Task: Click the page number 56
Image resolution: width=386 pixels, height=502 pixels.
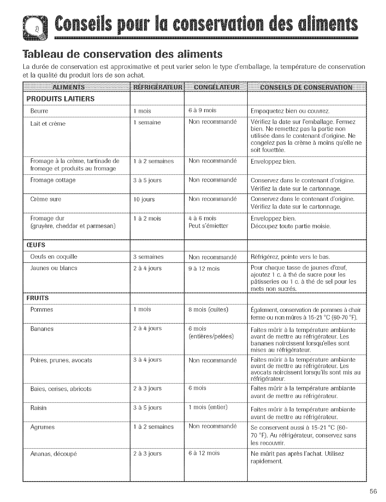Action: tap(373, 491)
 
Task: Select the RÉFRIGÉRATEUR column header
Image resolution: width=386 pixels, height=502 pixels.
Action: tap(158, 87)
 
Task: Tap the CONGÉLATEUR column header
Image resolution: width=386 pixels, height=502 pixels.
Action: tap(216, 87)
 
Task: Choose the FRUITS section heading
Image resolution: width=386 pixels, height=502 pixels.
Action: tap(37, 298)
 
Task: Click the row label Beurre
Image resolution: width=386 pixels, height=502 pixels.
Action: tap(39, 111)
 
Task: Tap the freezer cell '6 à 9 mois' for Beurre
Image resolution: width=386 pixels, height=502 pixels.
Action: tap(202, 111)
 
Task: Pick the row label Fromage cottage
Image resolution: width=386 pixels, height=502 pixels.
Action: tap(53, 180)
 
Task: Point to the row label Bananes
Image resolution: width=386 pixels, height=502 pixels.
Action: tap(42, 329)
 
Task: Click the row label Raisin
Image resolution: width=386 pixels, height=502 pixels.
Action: tap(38, 408)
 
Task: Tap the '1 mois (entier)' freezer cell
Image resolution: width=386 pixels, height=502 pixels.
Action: tap(207, 408)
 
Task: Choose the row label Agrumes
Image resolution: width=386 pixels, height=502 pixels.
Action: tap(42, 427)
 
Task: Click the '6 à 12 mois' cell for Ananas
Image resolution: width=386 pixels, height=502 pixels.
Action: tap(204, 453)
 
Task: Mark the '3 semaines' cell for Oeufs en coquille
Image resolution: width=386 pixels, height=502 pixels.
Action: tap(148, 257)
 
